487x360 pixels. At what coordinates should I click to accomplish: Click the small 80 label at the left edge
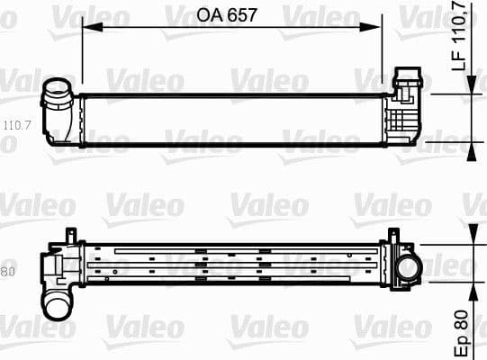[8, 272]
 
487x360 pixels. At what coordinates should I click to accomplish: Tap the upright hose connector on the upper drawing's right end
[410, 77]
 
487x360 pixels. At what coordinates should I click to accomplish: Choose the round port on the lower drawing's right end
[410, 267]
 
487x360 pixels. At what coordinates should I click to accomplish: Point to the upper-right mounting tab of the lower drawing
[392, 236]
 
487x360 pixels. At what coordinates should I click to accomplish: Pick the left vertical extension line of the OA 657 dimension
[82, 54]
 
